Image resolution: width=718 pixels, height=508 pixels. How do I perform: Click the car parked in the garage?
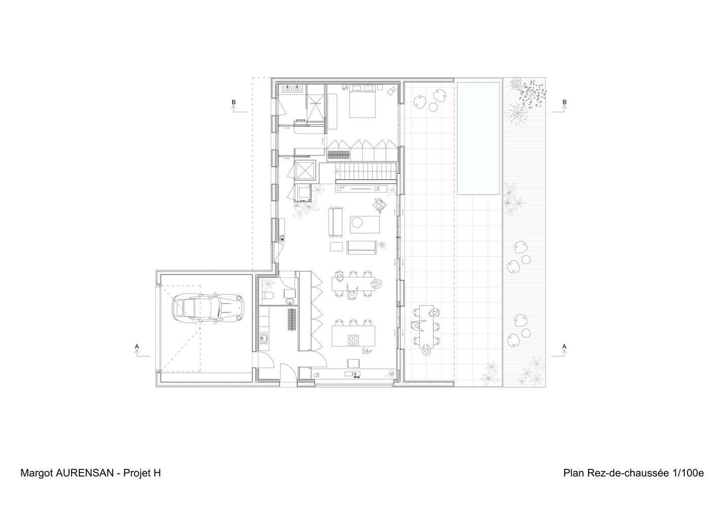click(x=208, y=307)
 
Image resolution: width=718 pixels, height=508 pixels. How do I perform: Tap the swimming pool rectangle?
click(x=478, y=138)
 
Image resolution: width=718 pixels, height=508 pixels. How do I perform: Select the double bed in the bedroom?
click(x=362, y=101)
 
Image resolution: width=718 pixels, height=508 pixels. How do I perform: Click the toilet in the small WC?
click(x=268, y=296)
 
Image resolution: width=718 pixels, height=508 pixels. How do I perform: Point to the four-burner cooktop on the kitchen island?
click(x=354, y=340)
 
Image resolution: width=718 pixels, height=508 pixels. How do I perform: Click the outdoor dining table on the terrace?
click(x=426, y=327)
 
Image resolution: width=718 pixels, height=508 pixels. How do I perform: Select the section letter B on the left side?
click(x=234, y=102)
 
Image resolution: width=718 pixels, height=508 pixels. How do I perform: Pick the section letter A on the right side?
click(x=565, y=346)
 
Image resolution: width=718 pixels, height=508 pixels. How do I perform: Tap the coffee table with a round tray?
click(x=365, y=225)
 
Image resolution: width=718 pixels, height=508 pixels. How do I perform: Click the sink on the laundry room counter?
click(x=264, y=338)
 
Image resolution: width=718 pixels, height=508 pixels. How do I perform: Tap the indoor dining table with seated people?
click(x=353, y=283)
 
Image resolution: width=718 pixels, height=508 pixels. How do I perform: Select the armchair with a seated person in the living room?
click(x=380, y=205)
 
